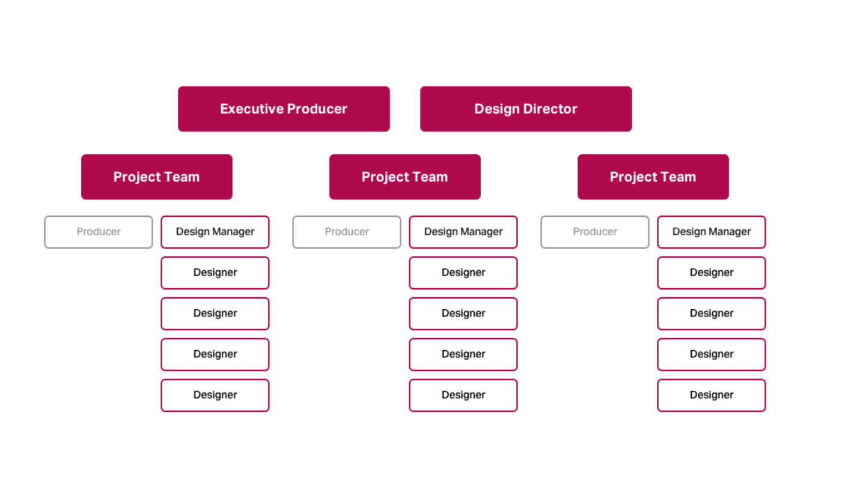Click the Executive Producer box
pyautogui.click(x=284, y=109)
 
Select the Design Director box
pyautogui.click(x=526, y=109)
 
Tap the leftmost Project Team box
pyautogui.click(x=157, y=177)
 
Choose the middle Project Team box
pyautogui.click(x=405, y=177)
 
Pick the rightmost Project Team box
pyautogui.click(x=653, y=177)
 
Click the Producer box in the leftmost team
pyautogui.click(x=99, y=232)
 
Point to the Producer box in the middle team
pyautogui.click(x=347, y=232)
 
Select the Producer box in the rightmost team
pyautogui.click(x=595, y=232)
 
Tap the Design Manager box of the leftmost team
pyautogui.click(x=215, y=232)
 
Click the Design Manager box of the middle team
pyautogui.click(x=463, y=232)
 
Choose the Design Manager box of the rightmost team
pyautogui.click(x=712, y=232)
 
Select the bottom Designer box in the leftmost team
pyautogui.click(x=215, y=395)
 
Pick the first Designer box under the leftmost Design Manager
pyautogui.click(x=215, y=273)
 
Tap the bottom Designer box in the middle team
pyautogui.click(x=463, y=395)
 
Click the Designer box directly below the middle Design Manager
pyautogui.click(x=463, y=273)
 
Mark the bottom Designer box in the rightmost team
pyautogui.click(x=712, y=395)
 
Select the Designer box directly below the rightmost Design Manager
pyautogui.click(x=712, y=273)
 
